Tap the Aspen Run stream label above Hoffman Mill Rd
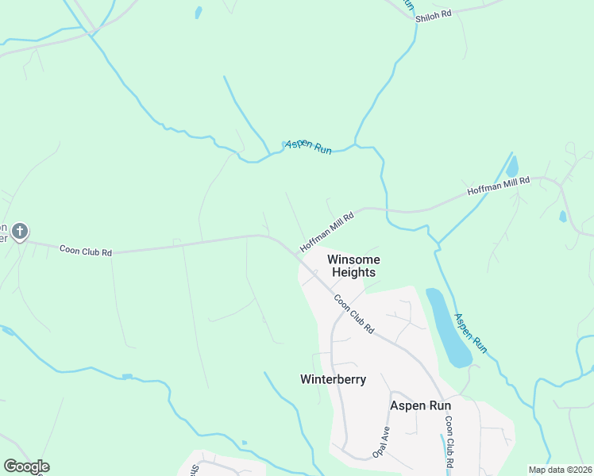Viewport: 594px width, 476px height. point(307,147)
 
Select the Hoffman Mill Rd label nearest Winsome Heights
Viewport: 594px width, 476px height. point(326,232)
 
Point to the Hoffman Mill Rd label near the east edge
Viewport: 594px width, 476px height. point(498,186)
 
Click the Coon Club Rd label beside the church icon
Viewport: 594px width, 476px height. point(86,251)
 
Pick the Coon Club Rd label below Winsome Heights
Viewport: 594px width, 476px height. point(354,313)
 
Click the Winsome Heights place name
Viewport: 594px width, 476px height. point(353,266)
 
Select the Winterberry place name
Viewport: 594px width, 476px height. point(333,379)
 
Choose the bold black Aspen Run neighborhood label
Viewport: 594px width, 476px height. point(420,405)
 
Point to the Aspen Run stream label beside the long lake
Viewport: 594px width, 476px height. point(469,333)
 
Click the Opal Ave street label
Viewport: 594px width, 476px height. point(381,443)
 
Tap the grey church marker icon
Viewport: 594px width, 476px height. point(20,232)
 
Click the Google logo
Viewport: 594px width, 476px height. point(26,466)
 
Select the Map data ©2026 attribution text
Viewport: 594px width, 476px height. point(560,470)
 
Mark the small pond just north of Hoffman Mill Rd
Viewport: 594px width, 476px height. point(512,167)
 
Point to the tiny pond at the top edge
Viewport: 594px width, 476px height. point(198,13)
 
